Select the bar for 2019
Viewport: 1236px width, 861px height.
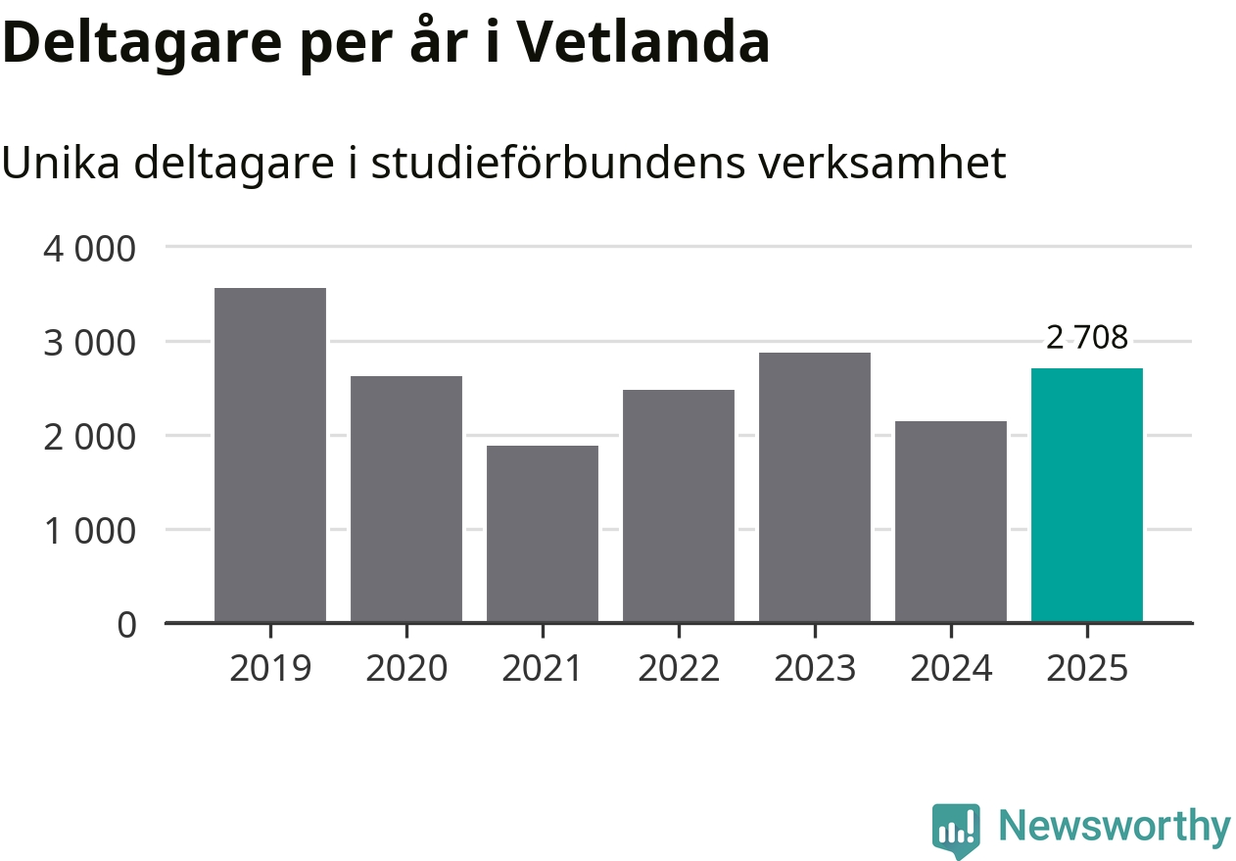(270, 455)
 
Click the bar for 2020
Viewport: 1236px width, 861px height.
(406, 500)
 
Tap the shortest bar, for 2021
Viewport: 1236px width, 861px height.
(543, 534)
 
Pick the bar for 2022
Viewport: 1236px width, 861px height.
(679, 506)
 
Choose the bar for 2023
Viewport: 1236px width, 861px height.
(815, 488)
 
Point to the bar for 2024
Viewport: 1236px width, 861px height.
(951, 522)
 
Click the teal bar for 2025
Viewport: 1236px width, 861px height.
(1087, 496)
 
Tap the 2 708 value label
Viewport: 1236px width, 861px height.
(1087, 338)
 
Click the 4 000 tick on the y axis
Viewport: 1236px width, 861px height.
(89, 248)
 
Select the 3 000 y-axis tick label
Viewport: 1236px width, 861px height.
(89, 342)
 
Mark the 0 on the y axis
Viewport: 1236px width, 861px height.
(127, 624)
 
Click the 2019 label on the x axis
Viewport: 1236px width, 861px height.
(270, 669)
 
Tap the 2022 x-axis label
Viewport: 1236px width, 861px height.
(679, 669)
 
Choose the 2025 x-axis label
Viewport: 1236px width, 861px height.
(1087, 669)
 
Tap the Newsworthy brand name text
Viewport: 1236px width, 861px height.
(1115, 828)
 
